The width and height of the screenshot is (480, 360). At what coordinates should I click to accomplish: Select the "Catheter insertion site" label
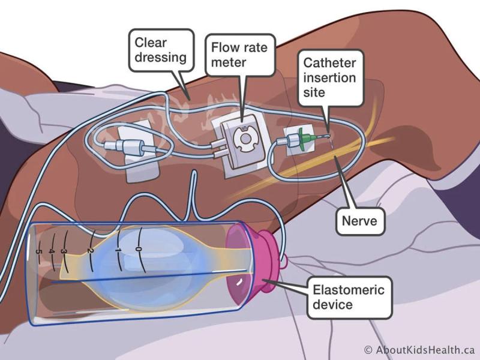tap(328, 77)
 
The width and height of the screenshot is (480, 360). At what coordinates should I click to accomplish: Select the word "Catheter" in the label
tap(328, 63)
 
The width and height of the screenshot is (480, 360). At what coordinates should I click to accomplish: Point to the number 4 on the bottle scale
tap(52, 251)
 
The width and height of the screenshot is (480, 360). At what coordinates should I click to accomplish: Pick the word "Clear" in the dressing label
tap(150, 43)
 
